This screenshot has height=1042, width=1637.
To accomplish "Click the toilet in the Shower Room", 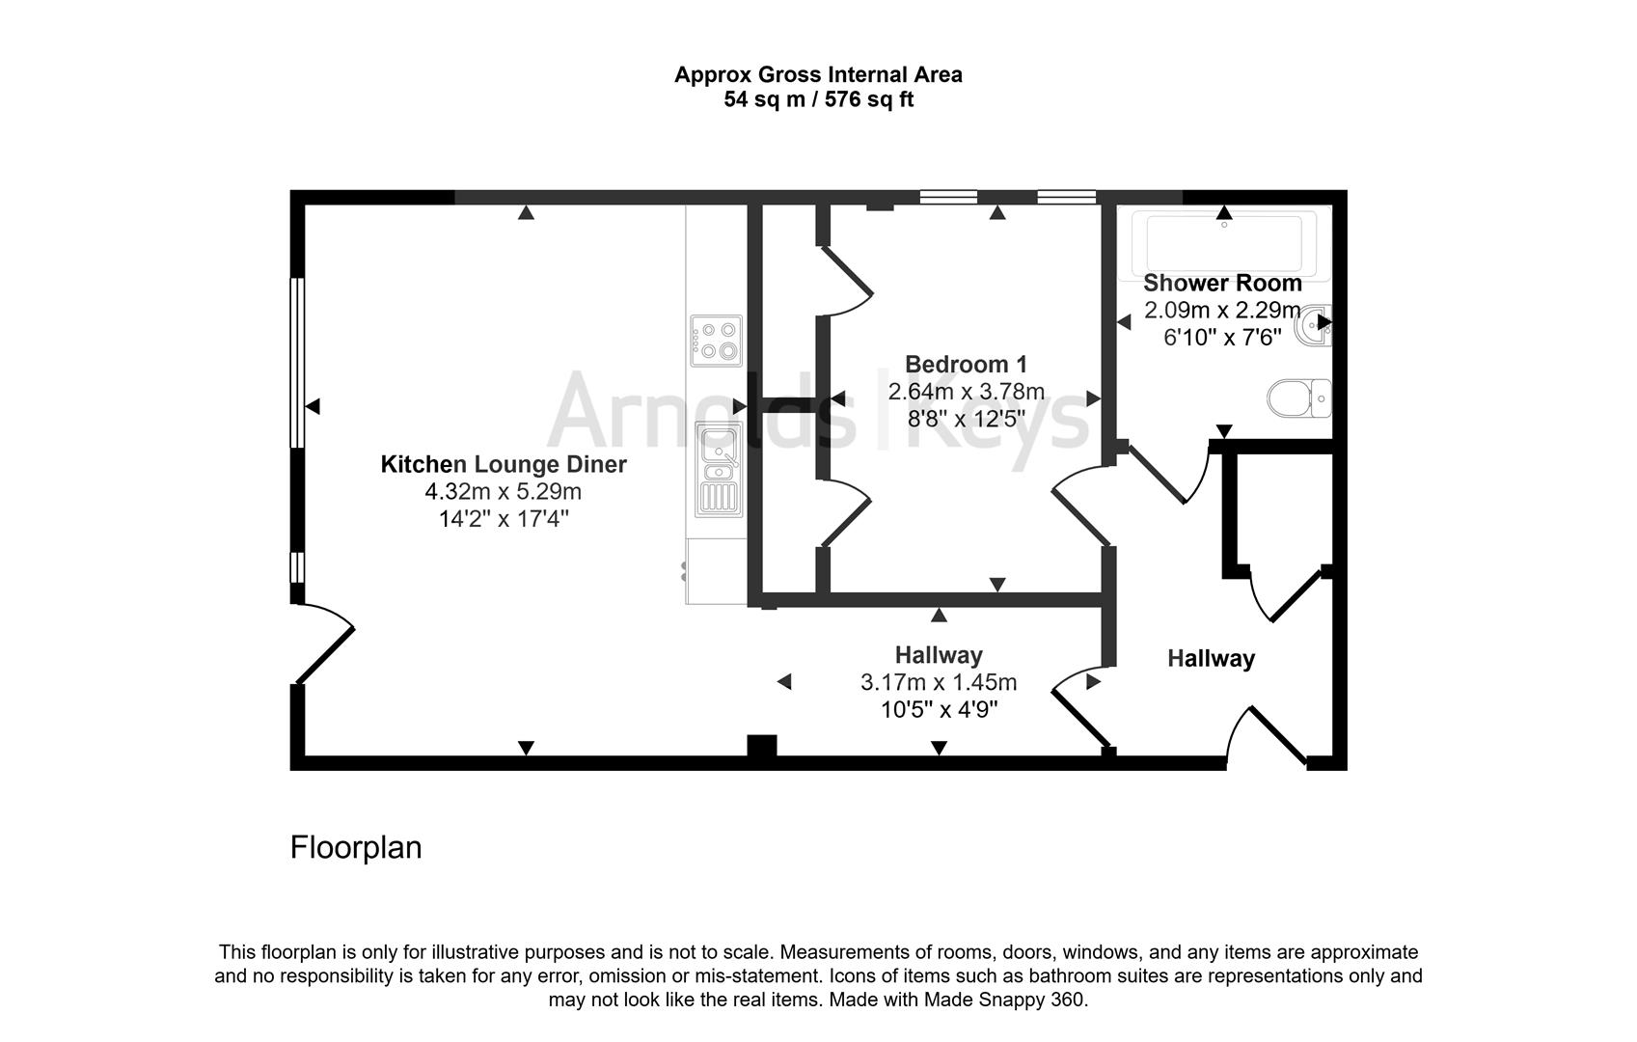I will point(1299,398).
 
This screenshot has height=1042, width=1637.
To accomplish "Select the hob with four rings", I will point(716,342).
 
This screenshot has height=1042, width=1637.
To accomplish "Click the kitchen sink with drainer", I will point(719,469).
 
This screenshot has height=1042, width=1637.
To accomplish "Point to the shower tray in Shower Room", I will point(1223,242).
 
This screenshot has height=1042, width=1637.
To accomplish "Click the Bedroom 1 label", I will point(966,365).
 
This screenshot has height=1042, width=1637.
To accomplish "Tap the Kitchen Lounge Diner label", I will point(504,465).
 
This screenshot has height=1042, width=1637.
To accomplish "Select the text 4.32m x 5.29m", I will point(504,492).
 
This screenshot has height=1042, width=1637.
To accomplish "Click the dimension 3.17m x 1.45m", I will point(939,683).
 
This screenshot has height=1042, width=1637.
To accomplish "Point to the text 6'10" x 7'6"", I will point(1222,338).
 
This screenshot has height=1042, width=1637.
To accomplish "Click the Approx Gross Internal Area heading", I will point(818,74).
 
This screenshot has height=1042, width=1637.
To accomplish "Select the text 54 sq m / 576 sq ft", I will point(818,99).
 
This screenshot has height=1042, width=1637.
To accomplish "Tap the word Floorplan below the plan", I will point(356,847).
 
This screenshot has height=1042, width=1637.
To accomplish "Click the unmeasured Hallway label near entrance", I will point(1211,659).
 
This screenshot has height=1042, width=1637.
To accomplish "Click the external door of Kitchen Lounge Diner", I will point(324,644).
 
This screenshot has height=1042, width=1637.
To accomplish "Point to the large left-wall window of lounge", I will point(297,362).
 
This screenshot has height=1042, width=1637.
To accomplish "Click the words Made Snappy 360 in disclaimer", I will point(1004,1001).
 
